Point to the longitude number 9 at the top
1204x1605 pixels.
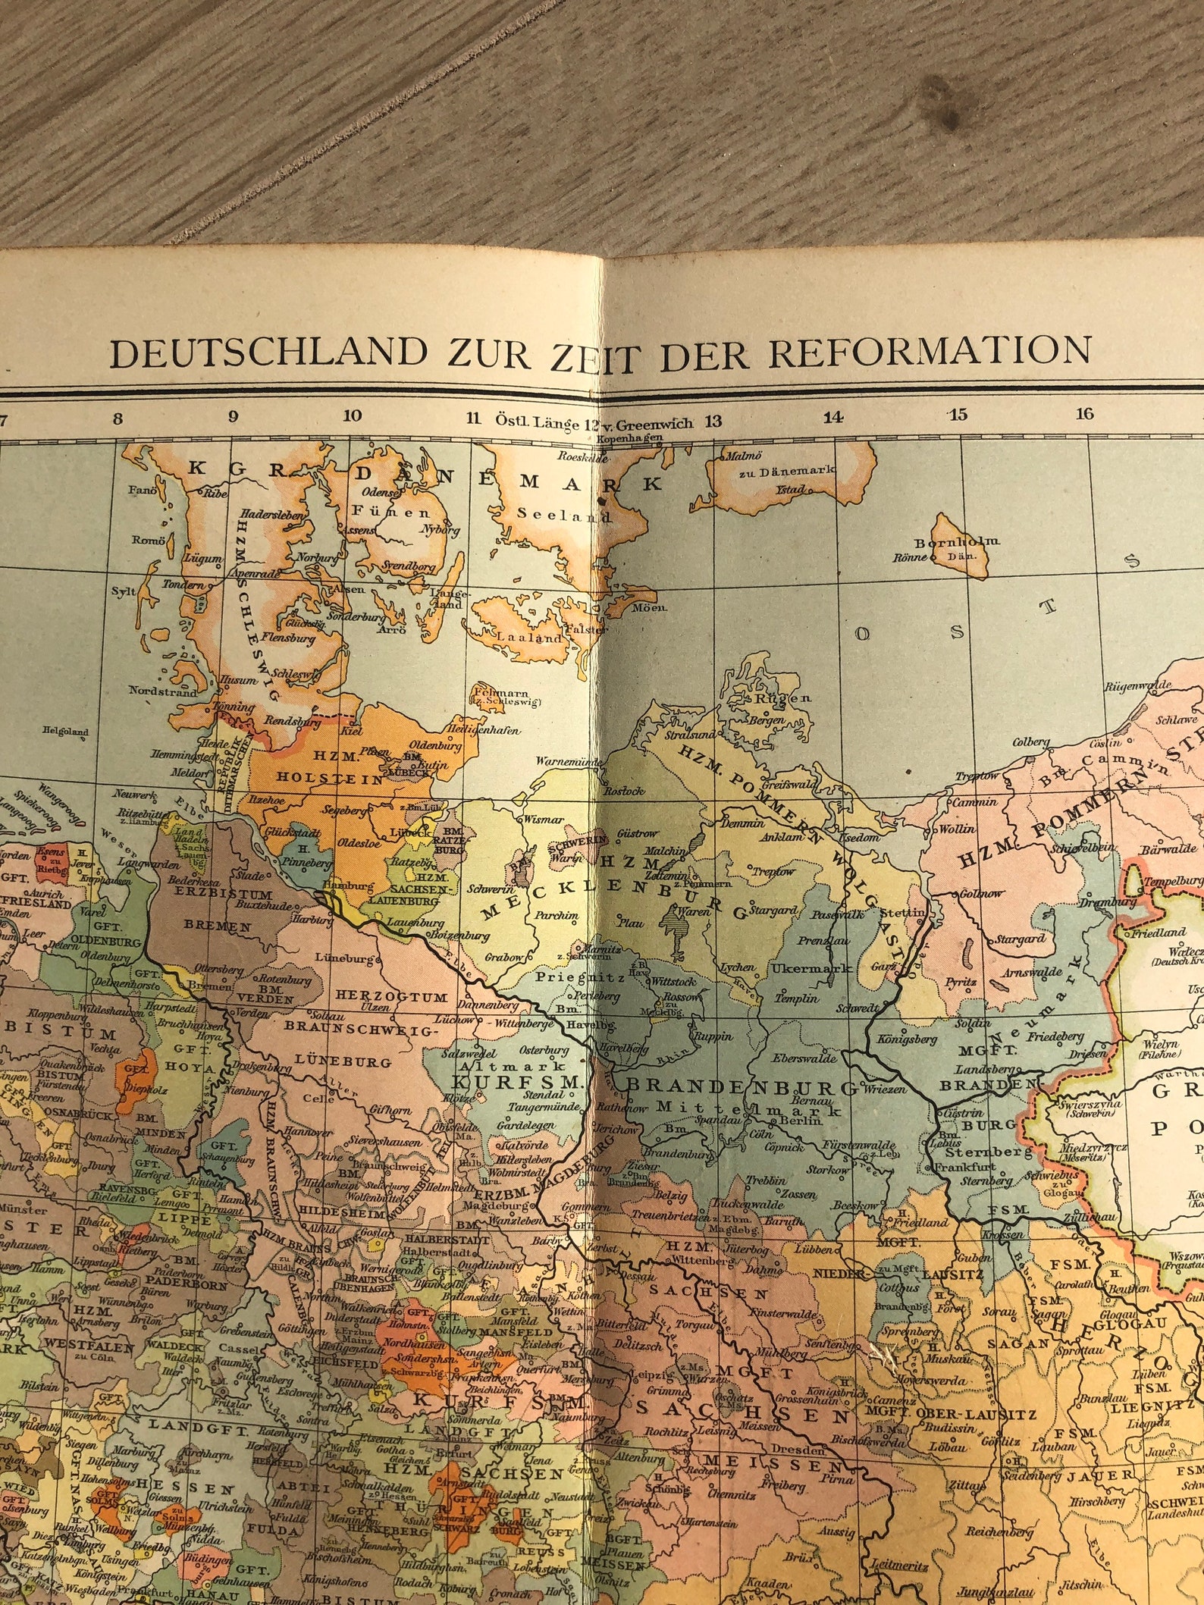pyautogui.click(x=234, y=415)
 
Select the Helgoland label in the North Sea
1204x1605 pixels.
pyautogui.click(x=66, y=732)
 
